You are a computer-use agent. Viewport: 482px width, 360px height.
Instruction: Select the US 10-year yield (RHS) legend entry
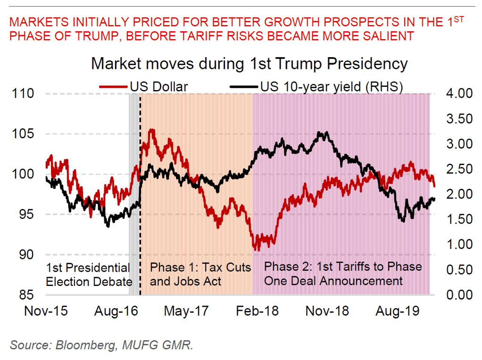[x=330, y=86]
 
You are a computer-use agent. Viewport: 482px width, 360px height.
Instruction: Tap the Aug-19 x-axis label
[x=396, y=311]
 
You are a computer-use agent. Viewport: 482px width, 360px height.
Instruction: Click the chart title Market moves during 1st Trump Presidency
[x=249, y=63]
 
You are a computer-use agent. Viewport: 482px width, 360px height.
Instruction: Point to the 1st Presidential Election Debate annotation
[x=89, y=275]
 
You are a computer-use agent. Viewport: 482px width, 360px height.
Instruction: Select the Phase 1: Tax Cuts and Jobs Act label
[x=200, y=275]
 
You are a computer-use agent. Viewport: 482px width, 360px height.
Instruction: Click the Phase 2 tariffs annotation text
[x=342, y=274]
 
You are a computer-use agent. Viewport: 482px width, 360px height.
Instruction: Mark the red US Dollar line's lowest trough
[x=258, y=250]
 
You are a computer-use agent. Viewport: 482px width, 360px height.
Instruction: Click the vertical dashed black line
[x=141, y=212]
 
